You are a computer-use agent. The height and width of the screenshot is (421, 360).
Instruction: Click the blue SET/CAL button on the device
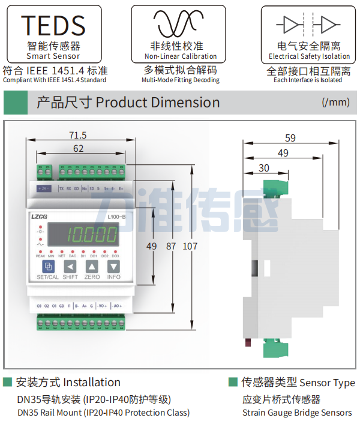click(x=47, y=266)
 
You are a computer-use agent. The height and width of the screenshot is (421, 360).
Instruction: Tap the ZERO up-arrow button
click(x=91, y=266)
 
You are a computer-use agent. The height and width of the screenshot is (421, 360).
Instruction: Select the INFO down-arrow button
click(x=114, y=266)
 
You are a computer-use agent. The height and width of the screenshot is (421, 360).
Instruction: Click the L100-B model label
click(x=116, y=216)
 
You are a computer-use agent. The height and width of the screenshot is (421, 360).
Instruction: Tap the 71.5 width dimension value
click(x=78, y=135)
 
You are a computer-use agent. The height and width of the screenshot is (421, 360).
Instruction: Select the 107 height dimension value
click(x=190, y=246)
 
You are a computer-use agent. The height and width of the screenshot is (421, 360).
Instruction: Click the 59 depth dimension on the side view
click(x=290, y=138)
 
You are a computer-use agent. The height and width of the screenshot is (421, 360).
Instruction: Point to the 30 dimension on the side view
click(x=264, y=168)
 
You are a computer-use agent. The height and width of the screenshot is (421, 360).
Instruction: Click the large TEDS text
click(x=53, y=25)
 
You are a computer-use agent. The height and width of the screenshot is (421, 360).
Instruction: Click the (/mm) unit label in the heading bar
click(x=335, y=102)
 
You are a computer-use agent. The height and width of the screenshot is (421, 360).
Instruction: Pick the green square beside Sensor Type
click(x=233, y=382)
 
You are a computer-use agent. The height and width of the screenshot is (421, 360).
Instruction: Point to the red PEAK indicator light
click(x=40, y=251)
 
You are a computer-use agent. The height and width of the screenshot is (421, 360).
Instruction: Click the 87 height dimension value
click(x=171, y=246)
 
